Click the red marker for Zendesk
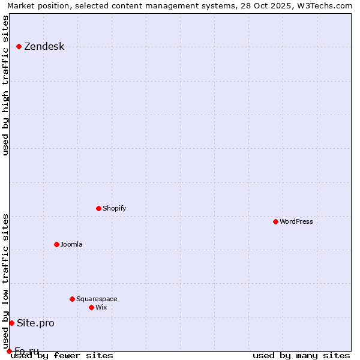click(x=19, y=46)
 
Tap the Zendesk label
click(x=44, y=47)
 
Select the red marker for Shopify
click(x=99, y=208)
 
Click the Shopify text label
click(x=114, y=208)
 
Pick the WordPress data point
click(x=276, y=221)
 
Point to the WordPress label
click(x=296, y=221)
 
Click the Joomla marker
click(x=57, y=244)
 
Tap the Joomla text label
click(x=71, y=244)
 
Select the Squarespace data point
click(x=73, y=299)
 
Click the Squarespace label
click(x=97, y=299)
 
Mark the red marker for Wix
click(x=92, y=307)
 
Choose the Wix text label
click(x=101, y=307)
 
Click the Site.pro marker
click(x=11, y=323)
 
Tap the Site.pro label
click(x=35, y=323)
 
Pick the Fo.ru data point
click(x=9, y=351)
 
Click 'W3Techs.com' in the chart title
click(x=323, y=6)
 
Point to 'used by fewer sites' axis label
click(x=62, y=355)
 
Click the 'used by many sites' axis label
click(x=301, y=355)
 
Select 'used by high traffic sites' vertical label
click(x=6, y=85)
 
